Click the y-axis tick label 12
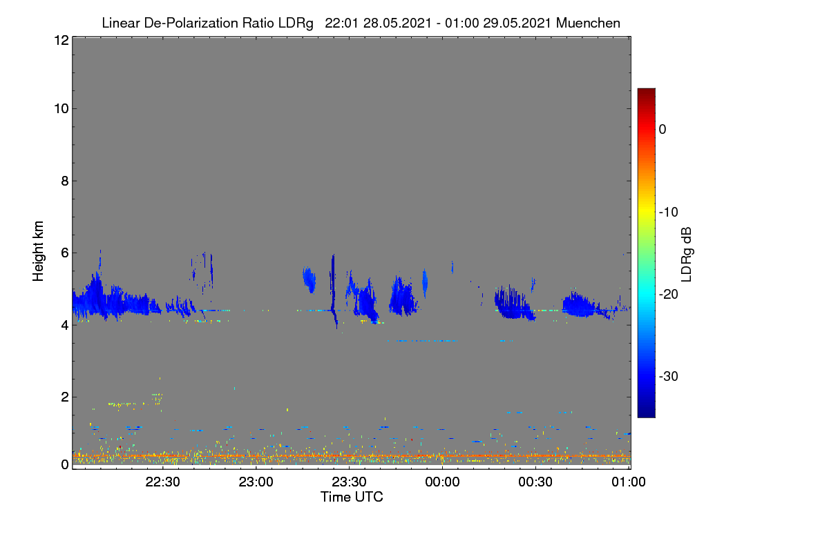click(61, 40)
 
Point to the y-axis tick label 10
click(61, 109)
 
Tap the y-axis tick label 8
click(65, 181)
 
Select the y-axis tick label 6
click(65, 253)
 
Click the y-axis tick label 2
click(65, 397)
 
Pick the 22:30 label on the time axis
click(162, 482)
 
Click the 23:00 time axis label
click(256, 482)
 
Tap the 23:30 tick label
click(349, 482)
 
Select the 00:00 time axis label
click(442, 482)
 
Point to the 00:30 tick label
click(535, 482)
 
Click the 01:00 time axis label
click(629, 482)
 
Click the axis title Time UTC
click(352, 497)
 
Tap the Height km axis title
click(38, 251)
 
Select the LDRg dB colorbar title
click(686, 255)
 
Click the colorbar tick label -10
click(669, 213)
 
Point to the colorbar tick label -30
click(669, 376)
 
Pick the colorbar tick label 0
click(663, 130)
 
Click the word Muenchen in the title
click(588, 23)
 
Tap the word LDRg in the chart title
click(296, 23)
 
